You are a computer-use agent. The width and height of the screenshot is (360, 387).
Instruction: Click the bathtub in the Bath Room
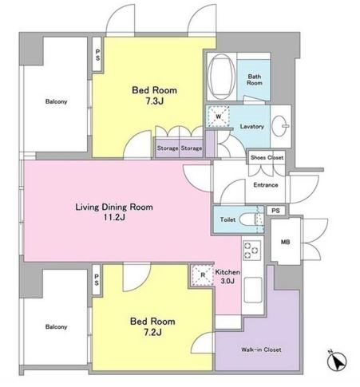221,77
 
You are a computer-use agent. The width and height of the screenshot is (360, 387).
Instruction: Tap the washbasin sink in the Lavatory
280,126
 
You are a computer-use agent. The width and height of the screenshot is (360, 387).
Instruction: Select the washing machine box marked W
218,116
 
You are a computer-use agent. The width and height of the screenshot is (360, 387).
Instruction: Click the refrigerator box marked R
203,275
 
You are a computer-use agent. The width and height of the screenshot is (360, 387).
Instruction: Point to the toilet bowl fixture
248,219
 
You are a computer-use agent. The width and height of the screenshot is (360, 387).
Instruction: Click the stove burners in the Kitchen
251,251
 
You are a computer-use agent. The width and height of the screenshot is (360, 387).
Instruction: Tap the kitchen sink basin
253,290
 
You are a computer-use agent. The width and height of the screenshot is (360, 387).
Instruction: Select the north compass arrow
337,361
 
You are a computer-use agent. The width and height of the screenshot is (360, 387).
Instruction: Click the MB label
285,242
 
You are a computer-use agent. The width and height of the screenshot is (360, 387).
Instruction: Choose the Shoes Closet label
267,157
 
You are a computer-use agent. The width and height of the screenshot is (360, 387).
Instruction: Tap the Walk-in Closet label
261,349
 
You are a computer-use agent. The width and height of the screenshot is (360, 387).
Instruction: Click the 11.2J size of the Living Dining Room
114,218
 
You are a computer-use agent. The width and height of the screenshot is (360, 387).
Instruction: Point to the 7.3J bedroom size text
154,101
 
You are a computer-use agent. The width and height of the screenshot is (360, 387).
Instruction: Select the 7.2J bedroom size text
152,332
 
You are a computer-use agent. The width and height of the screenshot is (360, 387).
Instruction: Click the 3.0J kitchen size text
227,281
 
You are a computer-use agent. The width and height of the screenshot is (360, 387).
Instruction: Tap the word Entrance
266,185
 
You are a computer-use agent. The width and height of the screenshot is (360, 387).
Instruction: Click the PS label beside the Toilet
275,211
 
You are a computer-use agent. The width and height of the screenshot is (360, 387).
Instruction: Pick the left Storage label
168,148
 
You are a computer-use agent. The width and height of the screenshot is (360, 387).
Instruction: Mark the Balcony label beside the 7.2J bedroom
56,327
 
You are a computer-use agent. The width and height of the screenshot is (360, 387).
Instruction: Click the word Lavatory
251,127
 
